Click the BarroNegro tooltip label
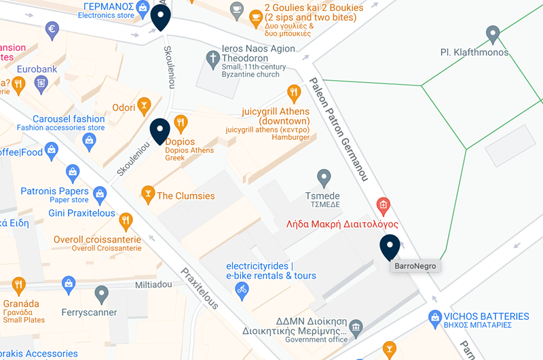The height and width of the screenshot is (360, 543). [415, 266]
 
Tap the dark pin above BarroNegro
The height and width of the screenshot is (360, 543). [390, 247]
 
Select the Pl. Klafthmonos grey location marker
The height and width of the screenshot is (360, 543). [493, 33]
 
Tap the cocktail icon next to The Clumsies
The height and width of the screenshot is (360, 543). [147, 196]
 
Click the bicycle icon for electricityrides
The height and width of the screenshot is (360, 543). [242, 289]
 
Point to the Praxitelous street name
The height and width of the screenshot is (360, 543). [200, 288]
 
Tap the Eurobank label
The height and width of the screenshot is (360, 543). [37, 69]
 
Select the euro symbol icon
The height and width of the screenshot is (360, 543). [52, 29]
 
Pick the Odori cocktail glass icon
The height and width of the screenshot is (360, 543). [144, 105]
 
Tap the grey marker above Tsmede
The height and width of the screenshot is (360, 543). [324, 177]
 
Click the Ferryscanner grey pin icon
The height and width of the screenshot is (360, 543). [102, 294]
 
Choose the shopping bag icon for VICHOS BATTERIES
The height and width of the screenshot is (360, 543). [435, 317]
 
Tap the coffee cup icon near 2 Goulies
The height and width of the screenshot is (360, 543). [236, 9]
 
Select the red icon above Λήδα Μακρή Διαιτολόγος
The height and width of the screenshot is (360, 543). [383, 204]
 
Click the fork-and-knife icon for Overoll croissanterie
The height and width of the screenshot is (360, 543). [125, 220]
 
